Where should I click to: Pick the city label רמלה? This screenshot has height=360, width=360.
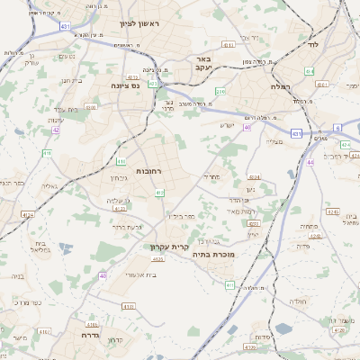click(277, 86)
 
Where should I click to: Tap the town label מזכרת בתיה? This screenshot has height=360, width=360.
click(213, 255)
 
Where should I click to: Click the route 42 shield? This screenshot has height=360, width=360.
click(56, 130)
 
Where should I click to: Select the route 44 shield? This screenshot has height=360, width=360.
click(310, 162)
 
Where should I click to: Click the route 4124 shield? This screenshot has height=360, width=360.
click(28, 214)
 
